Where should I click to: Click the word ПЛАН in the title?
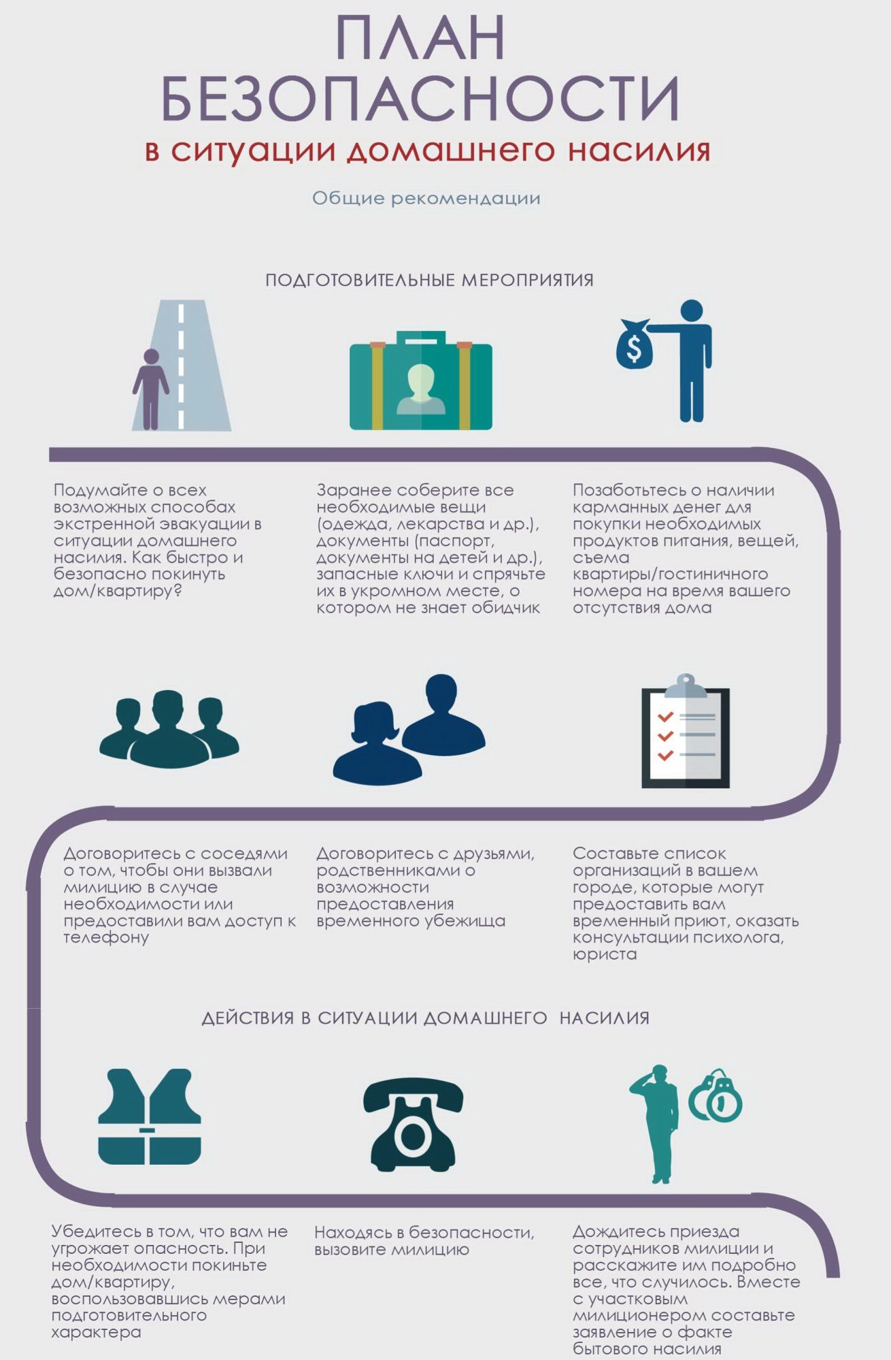click(x=420, y=38)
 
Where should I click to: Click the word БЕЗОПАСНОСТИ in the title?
click(x=420, y=98)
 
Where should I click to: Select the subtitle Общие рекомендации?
click(x=426, y=198)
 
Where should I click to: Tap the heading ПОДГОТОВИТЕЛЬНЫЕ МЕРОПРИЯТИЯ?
click(x=429, y=280)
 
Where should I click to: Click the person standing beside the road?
click(x=150, y=389)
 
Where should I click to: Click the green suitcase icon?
click(x=420, y=381)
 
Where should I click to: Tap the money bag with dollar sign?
click(x=633, y=344)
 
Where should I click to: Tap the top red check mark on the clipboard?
click(x=665, y=717)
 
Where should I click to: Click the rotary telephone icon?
click(x=413, y=1125)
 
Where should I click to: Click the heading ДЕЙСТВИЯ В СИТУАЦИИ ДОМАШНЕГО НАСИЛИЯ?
click(x=426, y=1018)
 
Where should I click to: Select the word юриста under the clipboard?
click(x=605, y=954)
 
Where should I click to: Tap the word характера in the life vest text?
click(x=96, y=1332)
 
